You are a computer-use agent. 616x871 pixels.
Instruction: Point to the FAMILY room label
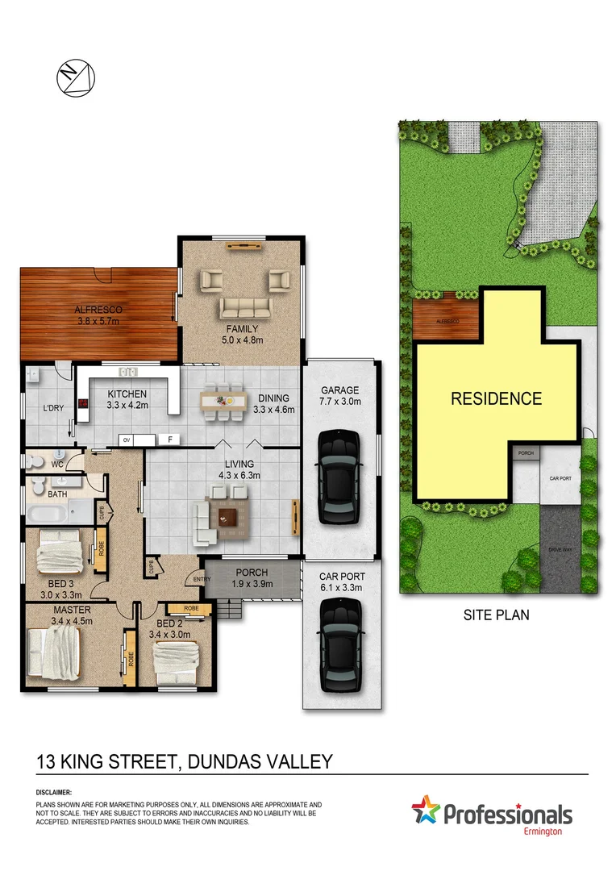click(x=242, y=329)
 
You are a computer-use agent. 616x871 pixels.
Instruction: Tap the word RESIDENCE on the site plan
click(x=496, y=398)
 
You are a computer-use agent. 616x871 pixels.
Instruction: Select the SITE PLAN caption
click(x=496, y=615)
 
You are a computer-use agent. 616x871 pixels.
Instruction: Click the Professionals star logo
click(x=427, y=810)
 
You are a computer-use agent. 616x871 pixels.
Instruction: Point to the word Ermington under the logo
click(x=546, y=831)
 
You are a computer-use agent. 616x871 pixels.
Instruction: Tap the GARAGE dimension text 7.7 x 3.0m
click(x=339, y=401)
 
